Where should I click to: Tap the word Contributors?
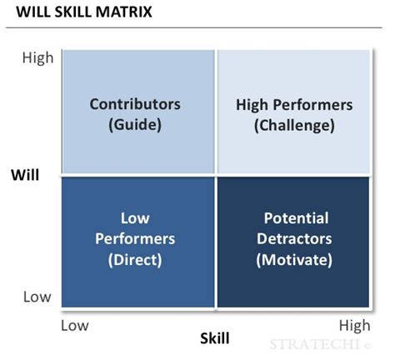click(x=135, y=105)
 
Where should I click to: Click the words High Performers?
click(x=295, y=105)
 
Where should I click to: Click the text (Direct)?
click(x=135, y=258)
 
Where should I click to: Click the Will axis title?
click(x=27, y=175)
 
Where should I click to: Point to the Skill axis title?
click(x=215, y=338)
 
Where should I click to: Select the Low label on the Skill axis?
click(x=75, y=325)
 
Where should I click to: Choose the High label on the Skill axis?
click(x=355, y=325)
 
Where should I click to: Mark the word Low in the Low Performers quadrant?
click(x=135, y=218)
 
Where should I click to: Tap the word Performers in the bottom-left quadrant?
click(x=135, y=238)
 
